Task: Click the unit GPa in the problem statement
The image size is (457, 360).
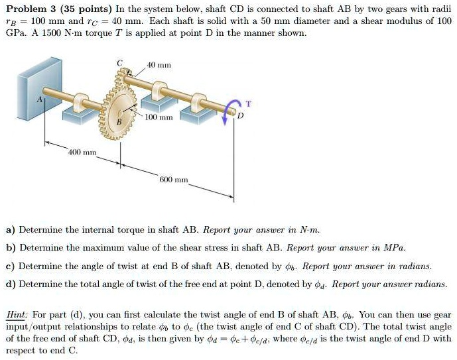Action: [15, 32]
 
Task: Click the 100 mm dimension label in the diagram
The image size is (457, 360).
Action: [159, 117]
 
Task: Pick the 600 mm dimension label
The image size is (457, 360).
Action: [174, 180]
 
